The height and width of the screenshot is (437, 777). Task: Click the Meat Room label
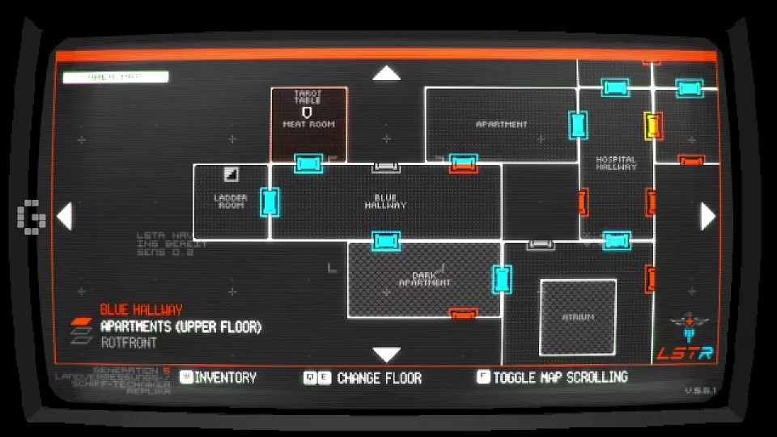pyautogui.click(x=308, y=125)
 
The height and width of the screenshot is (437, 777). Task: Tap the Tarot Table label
pyautogui.click(x=308, y=97)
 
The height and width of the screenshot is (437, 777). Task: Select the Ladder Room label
pyautogui.click(x=231, y=202)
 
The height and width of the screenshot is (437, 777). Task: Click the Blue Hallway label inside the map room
pyautogui.click(x=385, y=202)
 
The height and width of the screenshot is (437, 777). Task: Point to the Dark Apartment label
pyautogui.click(x=425, y=279)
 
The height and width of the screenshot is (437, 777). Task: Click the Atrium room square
pyautogui.click(x=578, y=317)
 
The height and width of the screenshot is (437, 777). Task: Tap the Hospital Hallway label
pyautogui.click(x=616, y=163)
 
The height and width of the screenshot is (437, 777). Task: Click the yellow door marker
pyautogui.click(x=653, y=125)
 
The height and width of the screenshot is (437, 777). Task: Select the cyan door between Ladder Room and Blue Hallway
pyautogui.click(x=270, y=202)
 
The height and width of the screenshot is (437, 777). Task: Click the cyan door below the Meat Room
pyautogui.click(x=308, y=163)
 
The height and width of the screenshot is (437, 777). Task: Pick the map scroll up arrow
pyautogui.click(x=387, y=74)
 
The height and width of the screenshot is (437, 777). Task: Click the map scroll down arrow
pyautogui.click(x=387, y=354)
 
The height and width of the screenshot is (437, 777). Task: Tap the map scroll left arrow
pyautogui.click(x=64, y=216)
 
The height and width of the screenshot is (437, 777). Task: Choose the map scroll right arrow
pyautogui.click(x=708, y=216)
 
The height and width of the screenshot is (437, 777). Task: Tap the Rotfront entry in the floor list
pyautogui.click(x=129, y=343)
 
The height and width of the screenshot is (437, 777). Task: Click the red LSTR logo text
pyautogui.click(x=685, y=353)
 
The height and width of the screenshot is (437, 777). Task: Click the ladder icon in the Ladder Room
pyautogui.click(x=231, y=174)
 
